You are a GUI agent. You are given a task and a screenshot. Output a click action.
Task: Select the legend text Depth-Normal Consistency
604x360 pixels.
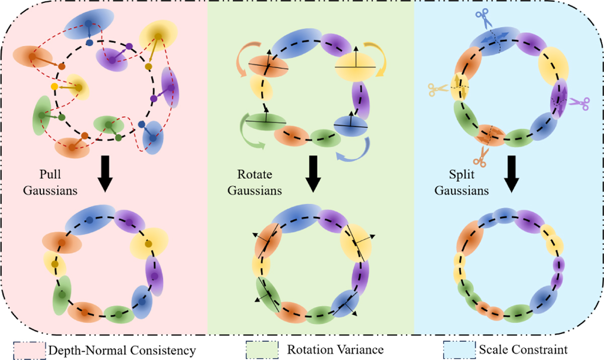(x=121, y=348)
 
